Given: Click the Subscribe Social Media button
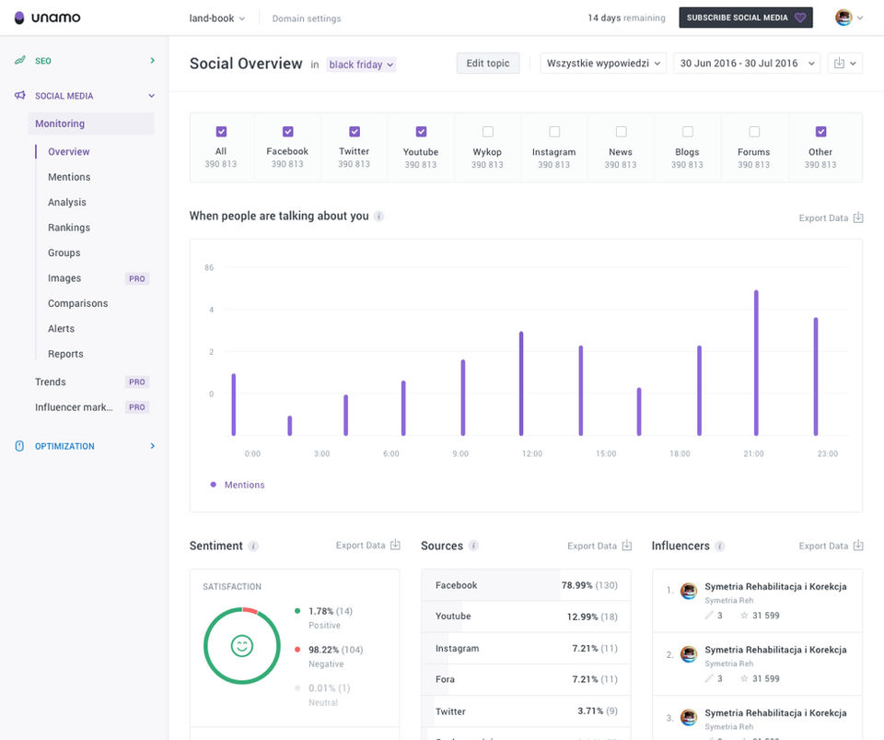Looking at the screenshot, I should coord(745,18).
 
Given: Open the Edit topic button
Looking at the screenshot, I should coord(487,64).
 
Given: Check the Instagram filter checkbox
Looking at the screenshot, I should coord(554,132).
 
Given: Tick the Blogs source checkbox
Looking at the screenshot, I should coord(688,132).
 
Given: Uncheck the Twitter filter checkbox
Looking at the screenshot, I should coord(355,132).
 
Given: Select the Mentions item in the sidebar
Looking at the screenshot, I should coord(69,177).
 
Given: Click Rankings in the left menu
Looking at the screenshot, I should coord(69,228).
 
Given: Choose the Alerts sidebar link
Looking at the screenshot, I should coord(61,329).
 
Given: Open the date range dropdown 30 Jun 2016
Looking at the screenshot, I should coord(746,64).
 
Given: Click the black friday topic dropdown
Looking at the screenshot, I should coord(361,65).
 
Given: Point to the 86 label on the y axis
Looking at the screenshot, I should coord(209,268).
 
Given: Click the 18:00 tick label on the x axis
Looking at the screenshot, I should coord(680,454).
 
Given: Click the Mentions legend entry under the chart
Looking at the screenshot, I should coord(244,485).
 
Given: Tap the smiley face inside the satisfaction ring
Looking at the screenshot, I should coord(242,646).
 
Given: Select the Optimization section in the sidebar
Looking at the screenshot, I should coord(64,446).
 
